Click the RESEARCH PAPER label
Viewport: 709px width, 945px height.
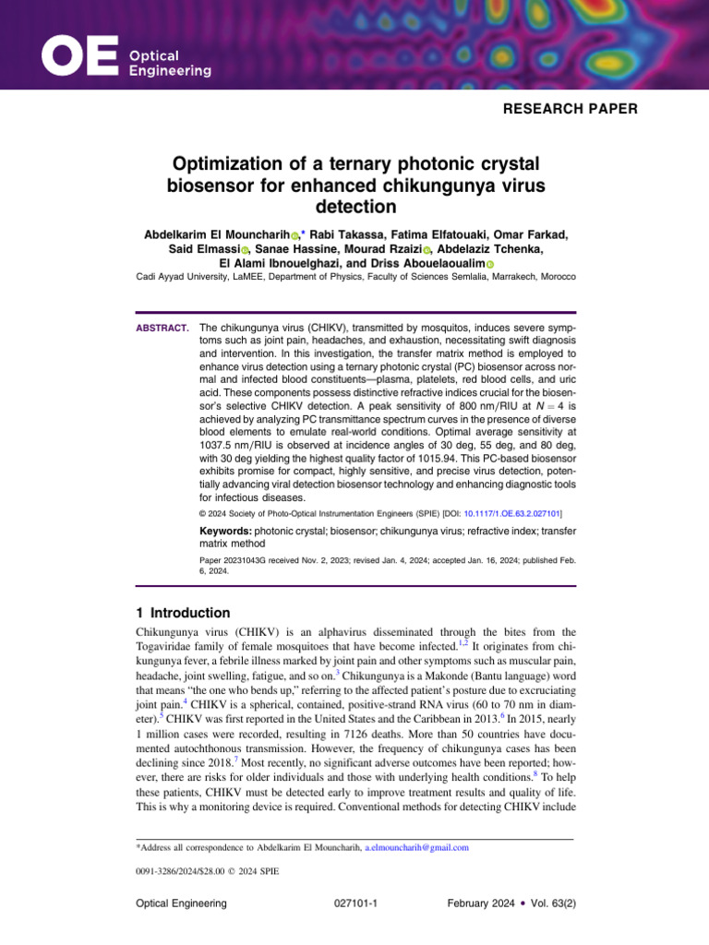pos(570,109)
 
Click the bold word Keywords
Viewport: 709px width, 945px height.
pos(226,532)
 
